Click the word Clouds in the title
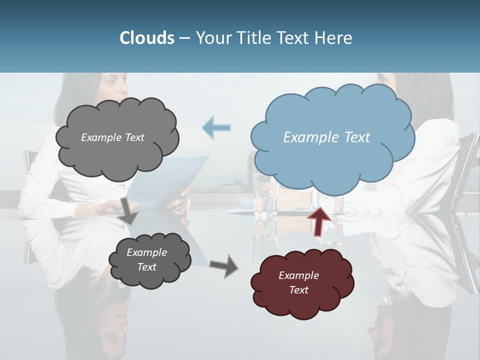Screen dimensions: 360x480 pos(147,38)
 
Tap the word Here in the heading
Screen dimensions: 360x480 pos(334,38)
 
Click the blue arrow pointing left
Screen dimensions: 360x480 pos(216,127)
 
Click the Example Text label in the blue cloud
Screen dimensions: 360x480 pos(326,137)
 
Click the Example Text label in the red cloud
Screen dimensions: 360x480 pos(298,282)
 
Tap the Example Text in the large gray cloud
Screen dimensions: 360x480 pos(112,137)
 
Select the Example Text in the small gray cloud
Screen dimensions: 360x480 pos(146,259)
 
